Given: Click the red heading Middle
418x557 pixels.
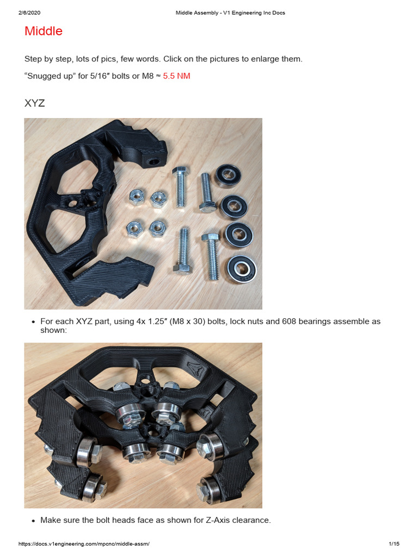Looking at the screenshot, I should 44,31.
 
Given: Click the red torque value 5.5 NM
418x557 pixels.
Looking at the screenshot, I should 177,76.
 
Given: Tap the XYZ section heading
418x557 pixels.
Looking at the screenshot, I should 35,103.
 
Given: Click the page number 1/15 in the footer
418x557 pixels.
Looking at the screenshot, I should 394,544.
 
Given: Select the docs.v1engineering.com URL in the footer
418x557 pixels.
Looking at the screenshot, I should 84,544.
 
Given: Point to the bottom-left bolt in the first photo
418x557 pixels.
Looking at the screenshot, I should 182,253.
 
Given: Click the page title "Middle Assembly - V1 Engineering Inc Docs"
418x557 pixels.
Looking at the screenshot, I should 230,13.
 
